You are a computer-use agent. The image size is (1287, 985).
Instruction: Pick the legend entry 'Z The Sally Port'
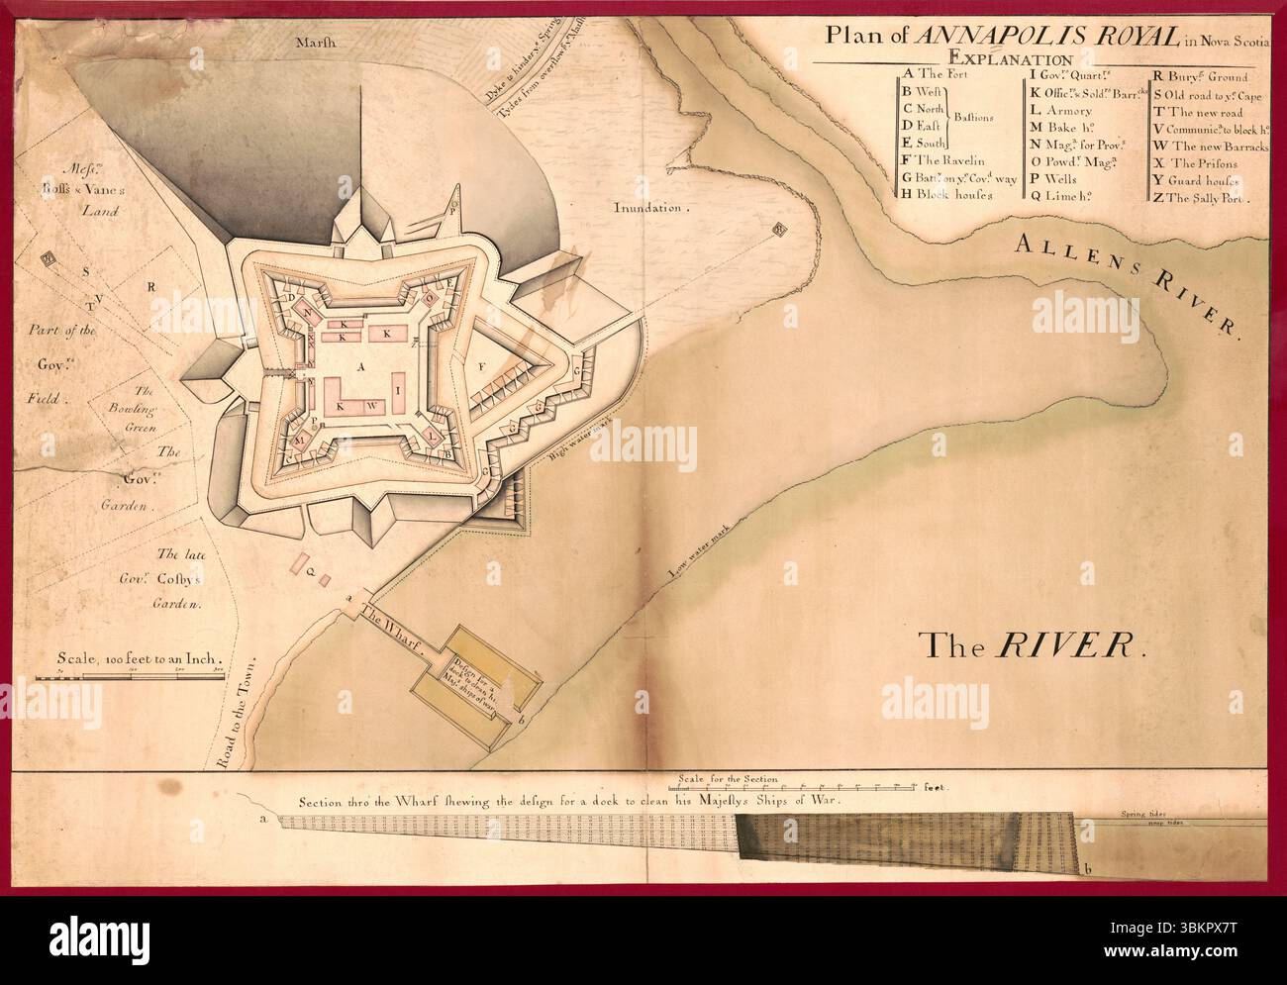1200,197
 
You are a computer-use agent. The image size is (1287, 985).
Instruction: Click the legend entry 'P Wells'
1054,179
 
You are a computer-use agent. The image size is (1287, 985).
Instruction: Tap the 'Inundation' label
649,209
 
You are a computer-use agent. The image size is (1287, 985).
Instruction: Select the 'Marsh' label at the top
315,43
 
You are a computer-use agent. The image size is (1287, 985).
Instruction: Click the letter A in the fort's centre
360,365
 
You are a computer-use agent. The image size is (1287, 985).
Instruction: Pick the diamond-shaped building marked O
430,298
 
